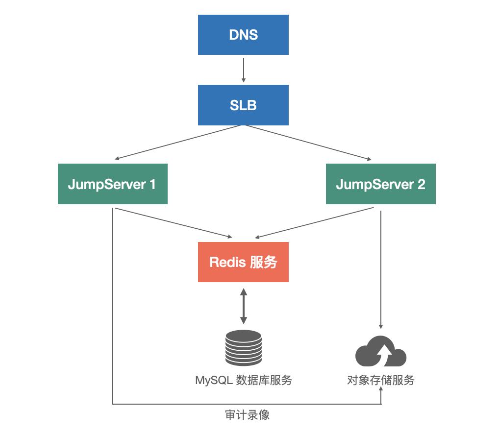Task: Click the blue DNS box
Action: tap(243, 35)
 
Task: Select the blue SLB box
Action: tap(243, 105)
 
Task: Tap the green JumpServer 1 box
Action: tap(112, 184)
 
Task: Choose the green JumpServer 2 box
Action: tap(380, 184)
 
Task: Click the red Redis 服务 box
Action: tap(243, 262)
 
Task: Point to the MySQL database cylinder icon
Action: tap(243, 347)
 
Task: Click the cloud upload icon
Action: tap(381, 351)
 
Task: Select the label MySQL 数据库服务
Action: tap(243, 380)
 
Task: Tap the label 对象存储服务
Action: tap(381, 380)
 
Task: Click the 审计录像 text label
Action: tap(247, 415)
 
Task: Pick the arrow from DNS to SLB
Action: tap(243, 69)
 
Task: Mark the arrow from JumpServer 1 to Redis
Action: tap(172, 223)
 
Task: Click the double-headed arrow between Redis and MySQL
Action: tap(243, 306)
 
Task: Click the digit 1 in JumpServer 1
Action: tap(152, 184)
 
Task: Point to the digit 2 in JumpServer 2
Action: tap(421, 184)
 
